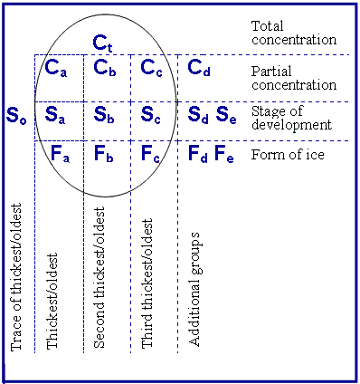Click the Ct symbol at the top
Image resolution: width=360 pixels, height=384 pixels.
click(x=104, y=43)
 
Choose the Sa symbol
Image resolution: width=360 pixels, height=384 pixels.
click(x=59, y=115)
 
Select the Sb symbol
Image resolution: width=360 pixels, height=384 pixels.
click(x=105, y=115)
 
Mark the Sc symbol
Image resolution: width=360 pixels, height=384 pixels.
click(x=152, y=115)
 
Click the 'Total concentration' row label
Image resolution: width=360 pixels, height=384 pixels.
click(x=292, y=33)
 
